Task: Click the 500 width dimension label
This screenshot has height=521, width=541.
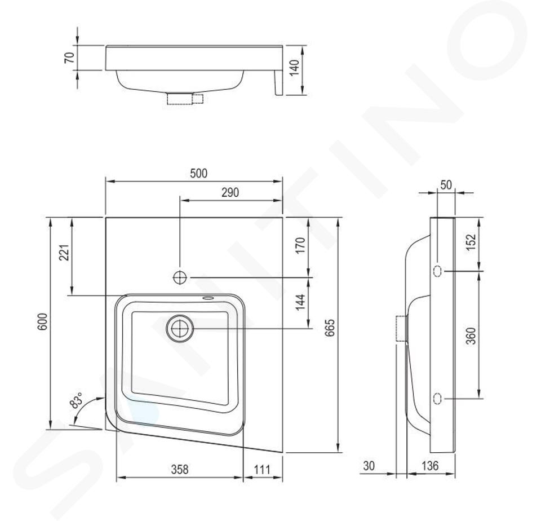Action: [199, 173]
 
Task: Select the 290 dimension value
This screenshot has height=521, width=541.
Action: [230, 193]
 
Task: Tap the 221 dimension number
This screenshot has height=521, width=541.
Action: [65, 253]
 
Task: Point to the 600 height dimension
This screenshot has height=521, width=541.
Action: [42, 322]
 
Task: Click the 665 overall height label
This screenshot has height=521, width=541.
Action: [330, 328]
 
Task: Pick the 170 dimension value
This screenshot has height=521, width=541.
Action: [300, 245]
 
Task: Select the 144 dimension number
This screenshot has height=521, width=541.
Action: [300, 302]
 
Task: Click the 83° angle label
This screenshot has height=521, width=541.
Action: [76, 400]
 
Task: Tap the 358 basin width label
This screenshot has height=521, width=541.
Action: [180, 470]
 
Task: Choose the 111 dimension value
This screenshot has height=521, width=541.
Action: [262, 470]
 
